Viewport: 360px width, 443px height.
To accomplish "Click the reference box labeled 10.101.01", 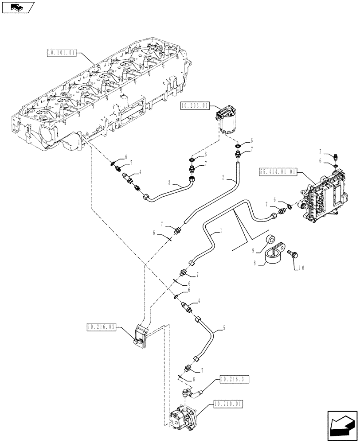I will tap(61, 52).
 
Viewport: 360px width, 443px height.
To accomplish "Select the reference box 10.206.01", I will tap(195, 105).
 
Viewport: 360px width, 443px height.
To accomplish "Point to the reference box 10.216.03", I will tap(101, 327).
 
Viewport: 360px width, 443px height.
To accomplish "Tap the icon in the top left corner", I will tap(17, 7).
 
